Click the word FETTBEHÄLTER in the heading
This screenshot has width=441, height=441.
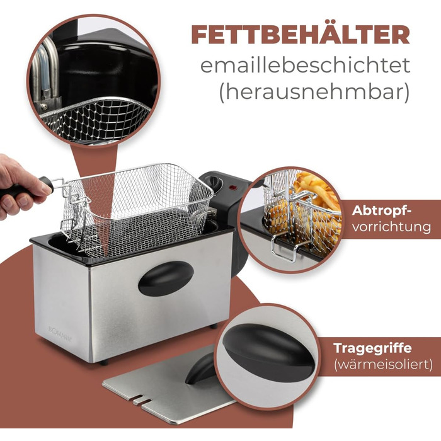(x=300, y=35)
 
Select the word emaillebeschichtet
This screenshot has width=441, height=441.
(x=305, y=66)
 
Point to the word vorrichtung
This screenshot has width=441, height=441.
(x=391, y=227)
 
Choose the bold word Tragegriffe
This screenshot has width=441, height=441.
(x=373, y=349)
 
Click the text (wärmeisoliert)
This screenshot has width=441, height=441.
(x=383, y=365)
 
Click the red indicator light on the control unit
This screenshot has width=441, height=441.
(x=233, y=187)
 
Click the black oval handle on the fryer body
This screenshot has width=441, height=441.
(x=166, y=278)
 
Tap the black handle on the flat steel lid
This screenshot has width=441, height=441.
(x=201, y=369)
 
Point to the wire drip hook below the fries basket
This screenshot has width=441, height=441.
(x=285, y=248)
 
